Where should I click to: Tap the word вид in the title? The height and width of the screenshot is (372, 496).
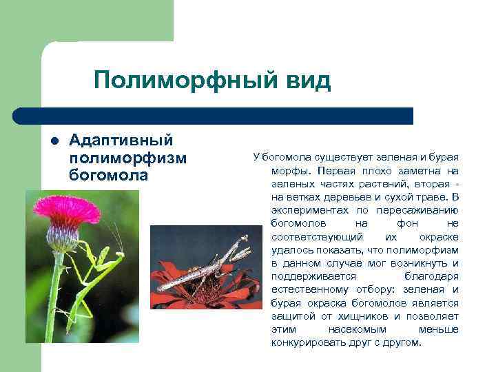pos(307,81)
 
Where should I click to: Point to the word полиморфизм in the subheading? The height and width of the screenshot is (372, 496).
pos(128,158)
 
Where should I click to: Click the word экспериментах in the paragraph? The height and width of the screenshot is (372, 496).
pos(304,211)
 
